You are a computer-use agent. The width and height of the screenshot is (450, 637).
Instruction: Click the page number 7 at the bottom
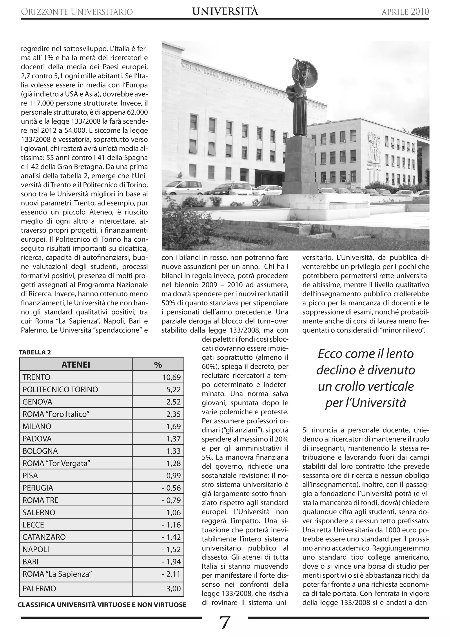pos(225,622)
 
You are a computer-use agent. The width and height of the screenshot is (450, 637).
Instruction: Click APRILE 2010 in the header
pos(405,12)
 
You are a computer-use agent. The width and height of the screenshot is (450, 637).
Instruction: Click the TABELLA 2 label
pos(35,352)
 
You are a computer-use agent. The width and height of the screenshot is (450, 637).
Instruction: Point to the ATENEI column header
pos(76,364)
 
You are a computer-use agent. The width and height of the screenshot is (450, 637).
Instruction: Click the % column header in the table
pos(158,364)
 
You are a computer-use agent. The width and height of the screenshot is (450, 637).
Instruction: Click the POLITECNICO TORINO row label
pos(60,390)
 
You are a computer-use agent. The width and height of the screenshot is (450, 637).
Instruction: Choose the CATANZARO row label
pos(44,537)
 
